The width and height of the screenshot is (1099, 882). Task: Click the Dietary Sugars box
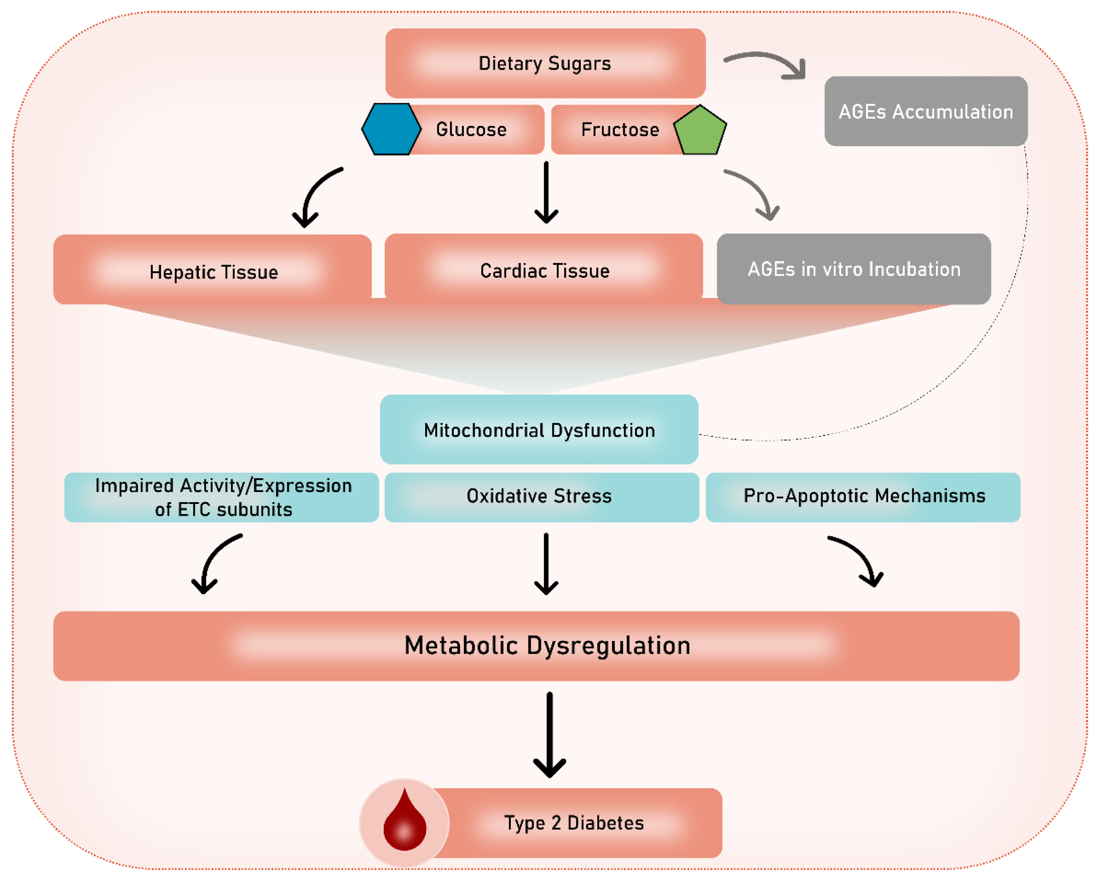(545, 63)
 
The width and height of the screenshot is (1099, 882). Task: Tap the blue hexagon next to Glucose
(391, 129)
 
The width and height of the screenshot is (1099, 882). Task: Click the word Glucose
(471, 129)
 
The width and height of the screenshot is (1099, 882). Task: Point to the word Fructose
(620, 129)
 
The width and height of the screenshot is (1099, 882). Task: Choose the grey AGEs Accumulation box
(925, 111)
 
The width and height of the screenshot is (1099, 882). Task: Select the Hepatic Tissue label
(214, 271)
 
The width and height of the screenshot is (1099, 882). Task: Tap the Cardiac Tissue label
(544, 270)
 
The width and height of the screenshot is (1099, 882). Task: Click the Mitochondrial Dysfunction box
(539, 429)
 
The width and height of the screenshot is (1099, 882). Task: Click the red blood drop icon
(405, 823)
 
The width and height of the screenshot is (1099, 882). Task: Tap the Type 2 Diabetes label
(574, 822)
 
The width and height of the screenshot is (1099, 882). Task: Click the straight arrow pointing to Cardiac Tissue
(546, 193)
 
